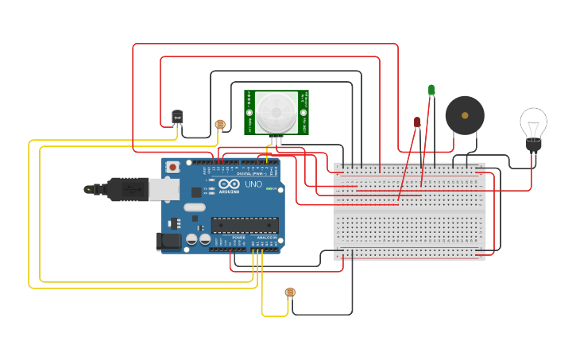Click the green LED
(431, 91)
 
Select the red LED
(417, 122)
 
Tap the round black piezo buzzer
(464, 116)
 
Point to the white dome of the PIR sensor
(276, 111)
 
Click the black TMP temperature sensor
(177, 118)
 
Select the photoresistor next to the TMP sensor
(220, 124)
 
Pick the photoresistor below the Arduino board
(289, 292)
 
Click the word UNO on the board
(253, 184)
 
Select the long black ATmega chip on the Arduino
(244, 225)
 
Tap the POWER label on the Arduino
(238, 237)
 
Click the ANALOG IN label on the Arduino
(265, 237)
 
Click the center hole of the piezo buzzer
(464, 116)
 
